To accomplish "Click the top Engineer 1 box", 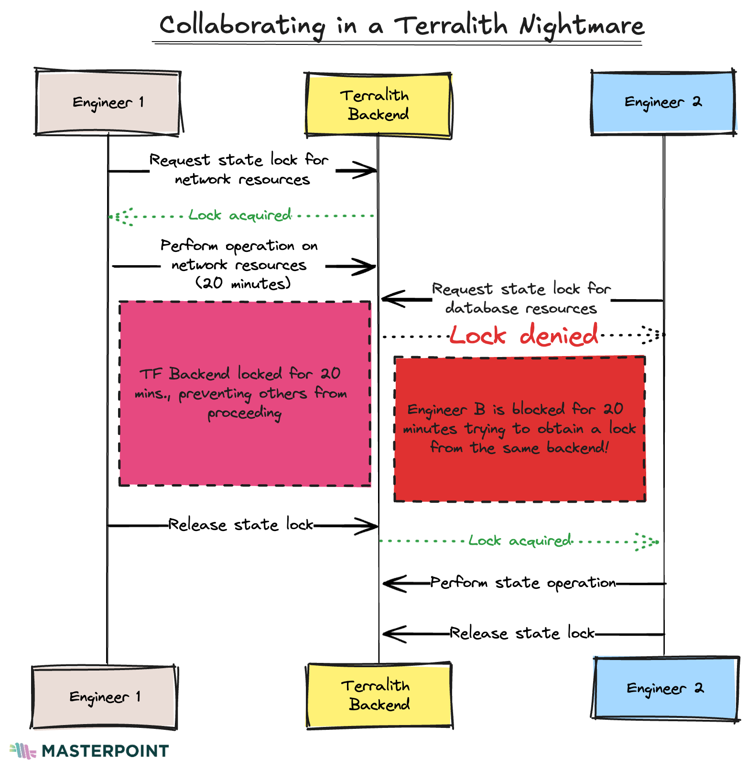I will pyautogui.click(x=108, y=102).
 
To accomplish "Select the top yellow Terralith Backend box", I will pyautogui.click(x=378, y=105).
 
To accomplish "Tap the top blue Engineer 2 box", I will pyautogui.click(x=663, y=102).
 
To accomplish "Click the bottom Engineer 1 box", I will pyautogui.click(x=104, y=697).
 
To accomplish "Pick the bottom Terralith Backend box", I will pyautogui.click(x=379, y=695).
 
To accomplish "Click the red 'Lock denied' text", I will pyautogui.click(x=523, y=335).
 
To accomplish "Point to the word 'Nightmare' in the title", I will pyautogui.click(x=582, y=26).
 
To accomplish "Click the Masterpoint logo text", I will pyautogui.click(x=105, y=751).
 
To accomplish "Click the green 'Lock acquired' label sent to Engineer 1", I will pyautogui.click(x=240, y=216).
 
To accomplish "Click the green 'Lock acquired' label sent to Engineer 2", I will pyautogui.click(x=520, y=541).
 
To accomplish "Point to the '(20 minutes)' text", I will pyautogui.click(x=243, y=283).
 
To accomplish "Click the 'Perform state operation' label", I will pyautogui.click(x=523, y=583).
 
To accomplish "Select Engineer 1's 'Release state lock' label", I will pyautogui.click(x=240, y=525).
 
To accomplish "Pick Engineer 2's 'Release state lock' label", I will pyautogui.click(x=522, y=633).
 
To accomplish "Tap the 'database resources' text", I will pyautogui.click(x=521, y=308).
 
